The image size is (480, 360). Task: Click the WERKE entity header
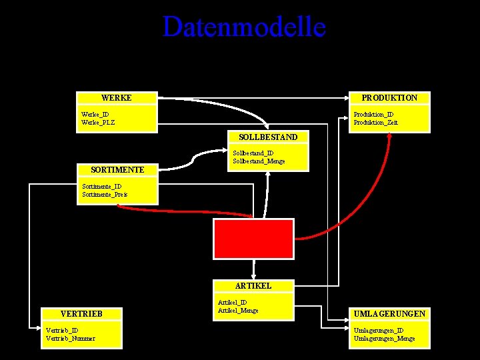117,98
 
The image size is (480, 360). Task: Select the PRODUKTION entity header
389,98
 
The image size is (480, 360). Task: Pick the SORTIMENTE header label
117,170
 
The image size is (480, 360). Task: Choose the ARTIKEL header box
253,285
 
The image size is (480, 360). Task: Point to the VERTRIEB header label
81,313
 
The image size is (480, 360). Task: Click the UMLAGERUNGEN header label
390,313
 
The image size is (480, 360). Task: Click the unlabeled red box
253,238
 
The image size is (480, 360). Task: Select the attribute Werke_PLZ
98,123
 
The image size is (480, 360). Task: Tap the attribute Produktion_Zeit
375,123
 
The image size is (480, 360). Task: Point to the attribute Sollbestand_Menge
259,161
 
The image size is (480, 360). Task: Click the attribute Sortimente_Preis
104,195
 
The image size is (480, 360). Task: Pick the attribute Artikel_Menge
238,311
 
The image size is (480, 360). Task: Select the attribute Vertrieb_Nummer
70,339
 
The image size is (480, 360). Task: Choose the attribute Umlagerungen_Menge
384,339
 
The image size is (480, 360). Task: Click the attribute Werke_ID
95,115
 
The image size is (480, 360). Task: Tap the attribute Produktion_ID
373,115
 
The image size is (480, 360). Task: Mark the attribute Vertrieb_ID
62,330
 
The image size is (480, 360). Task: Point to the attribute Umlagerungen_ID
378,330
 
